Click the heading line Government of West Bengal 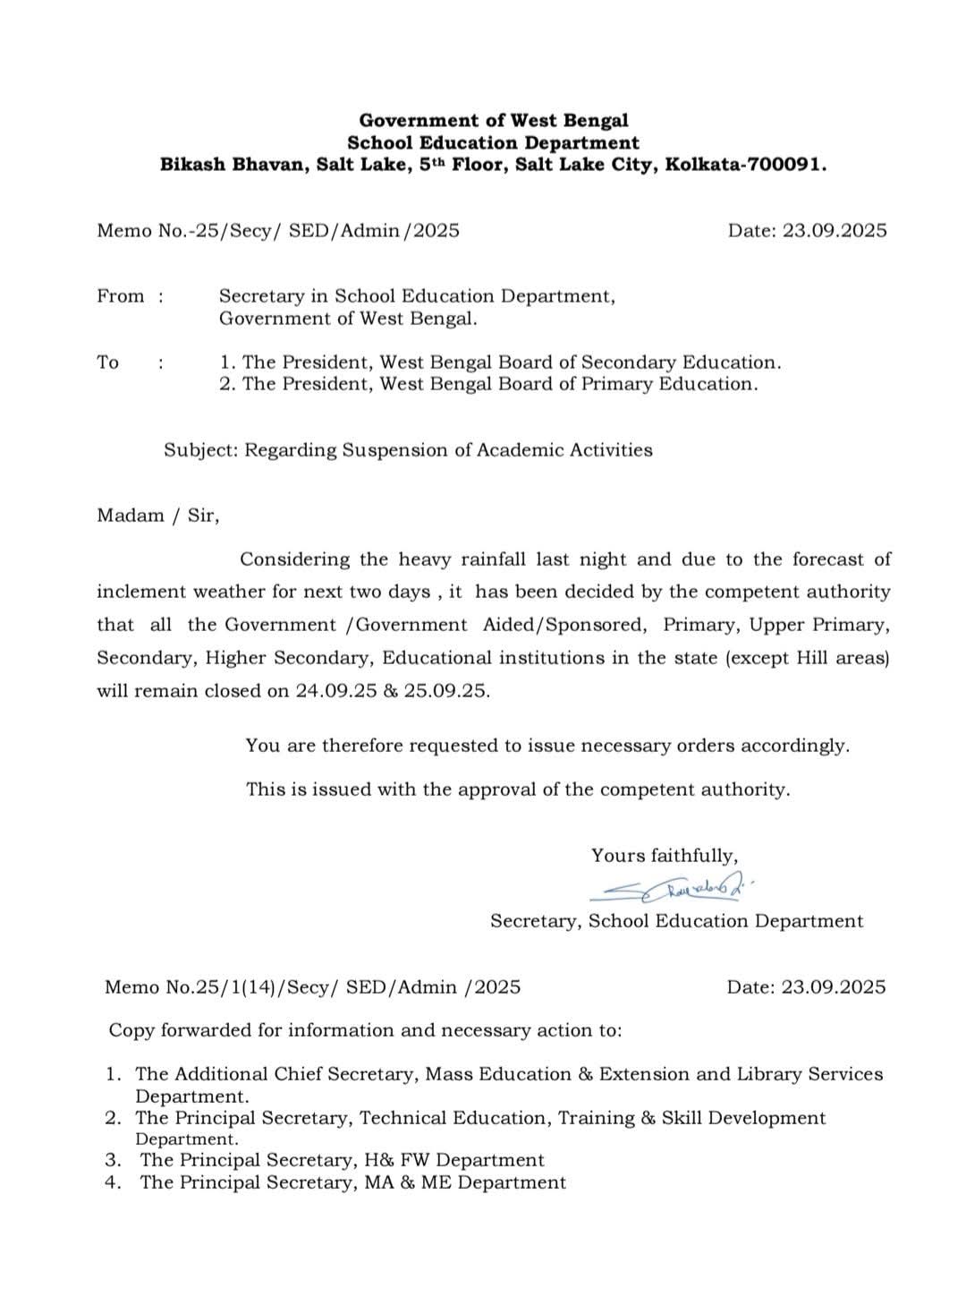(494, 120)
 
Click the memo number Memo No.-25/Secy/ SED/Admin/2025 (278, 231)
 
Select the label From (120, 296)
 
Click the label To (108, 363)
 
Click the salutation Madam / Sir (157, 516)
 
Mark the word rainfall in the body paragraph (495, 560)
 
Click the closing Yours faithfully (665, 856)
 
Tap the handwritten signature (671, 889)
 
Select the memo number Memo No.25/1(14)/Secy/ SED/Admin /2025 (312, 987)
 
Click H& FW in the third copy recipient (397, 1161)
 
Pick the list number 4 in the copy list (113, 1183)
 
